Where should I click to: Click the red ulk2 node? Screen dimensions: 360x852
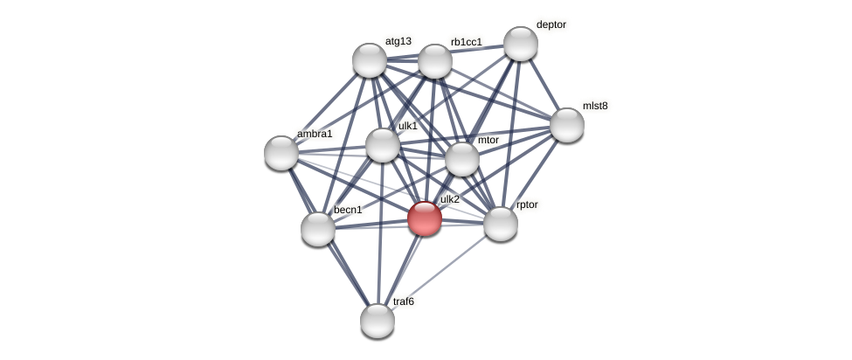click(x=425, y=218)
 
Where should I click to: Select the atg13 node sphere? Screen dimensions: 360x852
click(x=370, y=60)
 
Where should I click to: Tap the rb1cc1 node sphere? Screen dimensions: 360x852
click(x=434, y=61)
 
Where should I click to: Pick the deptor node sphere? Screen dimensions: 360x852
click(x=521, y=44)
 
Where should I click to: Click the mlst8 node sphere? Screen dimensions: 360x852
click(x=567, y=124)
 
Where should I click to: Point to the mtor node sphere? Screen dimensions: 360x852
click(x=462, y=159)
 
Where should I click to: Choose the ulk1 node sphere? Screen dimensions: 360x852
click(x=382, y=145)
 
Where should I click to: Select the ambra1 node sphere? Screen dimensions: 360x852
click(x=281, y=153)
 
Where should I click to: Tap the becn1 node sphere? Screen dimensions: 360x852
click(x=318, y=229)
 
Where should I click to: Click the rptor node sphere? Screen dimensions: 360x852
click(x=501, y=224)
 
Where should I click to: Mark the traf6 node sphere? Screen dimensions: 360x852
click(x=378, y=321)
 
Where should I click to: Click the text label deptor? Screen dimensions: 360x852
click(x=551, y=24)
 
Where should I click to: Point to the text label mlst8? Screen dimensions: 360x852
click(x=595, y=106)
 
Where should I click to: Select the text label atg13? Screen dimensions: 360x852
click(x=398, y=41)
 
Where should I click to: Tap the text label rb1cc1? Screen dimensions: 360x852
click(x=466, y=42)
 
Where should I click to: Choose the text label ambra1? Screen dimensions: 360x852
click(x=315, y=134)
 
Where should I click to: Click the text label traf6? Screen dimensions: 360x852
click(x=404, y=301)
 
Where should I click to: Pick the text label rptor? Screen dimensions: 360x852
click(x=527, y=204)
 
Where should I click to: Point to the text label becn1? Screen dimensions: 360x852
click(x=348, y=210)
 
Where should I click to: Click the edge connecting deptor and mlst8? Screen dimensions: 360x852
click(x=544, y=84)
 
